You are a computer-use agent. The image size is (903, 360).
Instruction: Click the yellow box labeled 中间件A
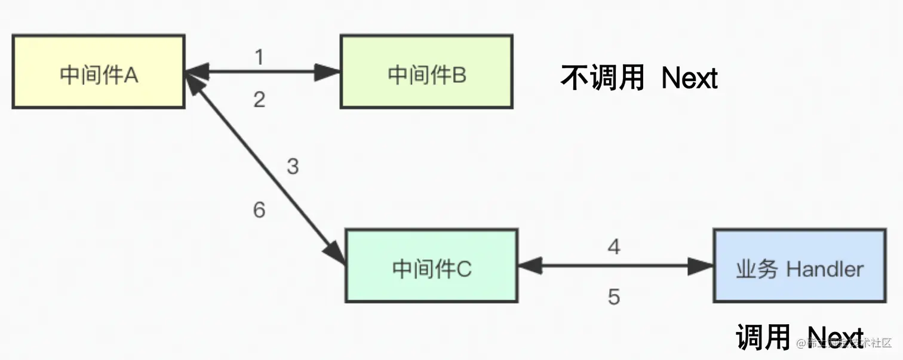coord(98,72)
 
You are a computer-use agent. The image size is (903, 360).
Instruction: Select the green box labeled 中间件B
coord(426,72)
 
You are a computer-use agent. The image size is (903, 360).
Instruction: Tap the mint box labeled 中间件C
coord(431,266)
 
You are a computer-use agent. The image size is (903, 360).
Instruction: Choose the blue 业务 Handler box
coord(800,266)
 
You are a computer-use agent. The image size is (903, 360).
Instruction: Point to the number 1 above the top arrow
coord(259,57)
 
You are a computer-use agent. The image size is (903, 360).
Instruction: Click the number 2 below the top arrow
coord(259,100)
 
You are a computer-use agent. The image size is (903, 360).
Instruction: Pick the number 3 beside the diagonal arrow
coord(292,167)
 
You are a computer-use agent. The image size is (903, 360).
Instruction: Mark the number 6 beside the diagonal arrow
coord(259,210)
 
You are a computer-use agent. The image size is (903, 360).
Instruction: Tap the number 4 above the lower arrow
coord(614,246)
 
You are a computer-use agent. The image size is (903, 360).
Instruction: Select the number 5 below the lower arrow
coord(614,297)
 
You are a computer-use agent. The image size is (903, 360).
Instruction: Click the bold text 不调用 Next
coord(639,78)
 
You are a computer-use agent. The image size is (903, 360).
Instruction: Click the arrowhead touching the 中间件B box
coord(328,72)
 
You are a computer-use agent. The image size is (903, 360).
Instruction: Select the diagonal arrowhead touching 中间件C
coord(336,251)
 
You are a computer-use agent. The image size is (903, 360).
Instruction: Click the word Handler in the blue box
coord(825,269)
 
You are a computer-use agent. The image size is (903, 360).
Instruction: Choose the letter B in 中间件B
coord(460,75)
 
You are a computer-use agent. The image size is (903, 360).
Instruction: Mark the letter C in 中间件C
coord(464,269)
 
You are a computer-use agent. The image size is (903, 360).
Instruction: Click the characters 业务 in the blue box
coord(757,269)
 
